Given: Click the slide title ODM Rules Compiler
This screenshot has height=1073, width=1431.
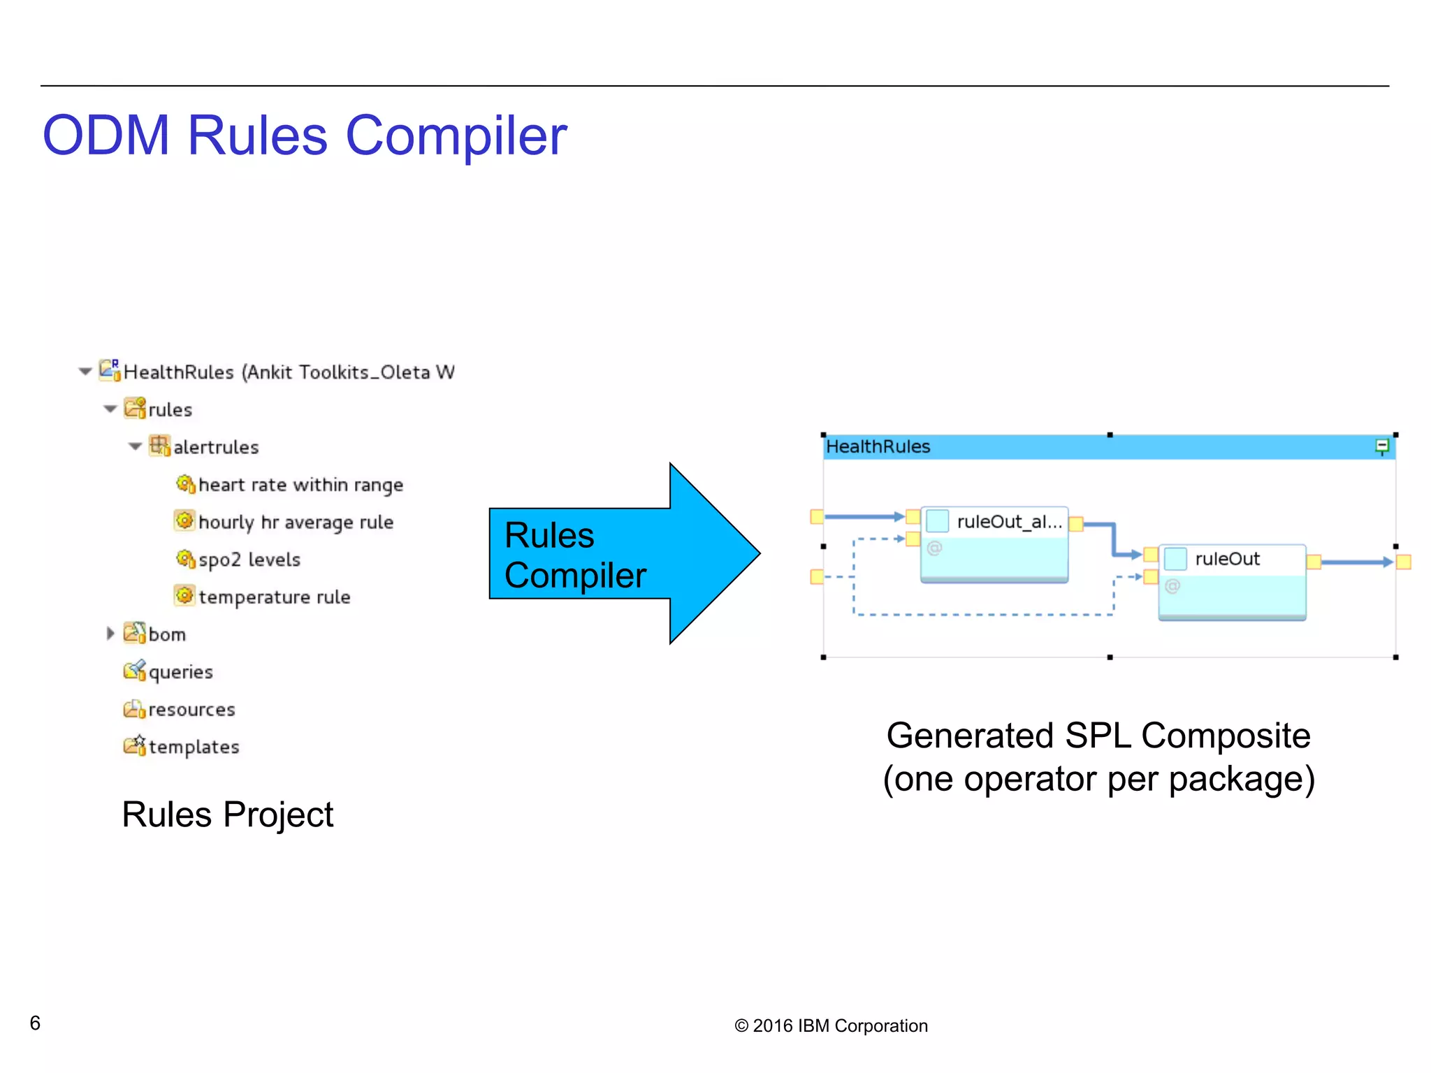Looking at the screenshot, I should tap(305, 136).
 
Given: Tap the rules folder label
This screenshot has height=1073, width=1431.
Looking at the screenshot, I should tap(170, 409).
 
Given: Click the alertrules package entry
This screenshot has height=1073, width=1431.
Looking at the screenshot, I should tap(215, 447).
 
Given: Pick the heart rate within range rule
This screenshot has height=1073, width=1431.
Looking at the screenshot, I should tap(300, 485).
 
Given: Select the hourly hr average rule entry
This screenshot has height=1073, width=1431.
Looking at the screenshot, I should tap(296, 523).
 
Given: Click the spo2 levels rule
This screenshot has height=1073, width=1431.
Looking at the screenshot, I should tap(249, 560).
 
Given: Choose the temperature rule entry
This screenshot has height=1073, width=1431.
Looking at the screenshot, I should tap(274, 597).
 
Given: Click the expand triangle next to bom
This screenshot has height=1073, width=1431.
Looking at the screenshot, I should tap(110, 634).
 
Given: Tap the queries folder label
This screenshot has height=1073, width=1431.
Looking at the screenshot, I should tap(180, 672).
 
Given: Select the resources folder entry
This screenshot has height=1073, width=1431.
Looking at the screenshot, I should tap(191, 710).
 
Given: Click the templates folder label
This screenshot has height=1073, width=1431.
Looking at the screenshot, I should tap(194, 747).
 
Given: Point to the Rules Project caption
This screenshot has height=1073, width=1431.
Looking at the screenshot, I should tap(228, 815).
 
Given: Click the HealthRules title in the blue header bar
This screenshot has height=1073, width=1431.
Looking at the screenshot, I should tap(878, 446).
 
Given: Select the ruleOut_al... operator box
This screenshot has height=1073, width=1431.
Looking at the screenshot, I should tap(994, 543).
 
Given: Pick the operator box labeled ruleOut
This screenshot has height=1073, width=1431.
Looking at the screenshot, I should tap(1232, 581).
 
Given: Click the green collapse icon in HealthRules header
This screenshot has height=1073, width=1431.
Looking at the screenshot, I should tap(1381, 446).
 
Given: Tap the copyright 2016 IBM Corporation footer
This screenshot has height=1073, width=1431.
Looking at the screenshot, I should tap(831, 1025).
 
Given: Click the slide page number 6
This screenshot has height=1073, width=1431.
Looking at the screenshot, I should tap(35, 1023).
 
